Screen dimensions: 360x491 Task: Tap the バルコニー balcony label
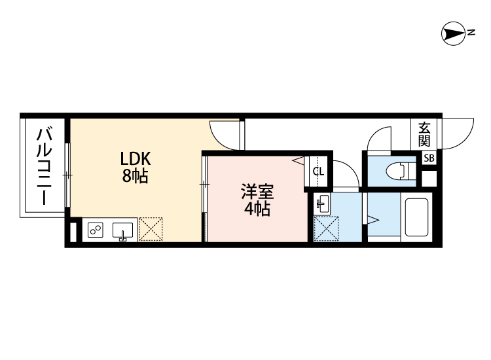tap(44, 166)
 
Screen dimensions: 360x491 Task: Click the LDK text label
tap(136, 159)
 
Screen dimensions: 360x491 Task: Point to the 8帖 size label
tap(135, 175)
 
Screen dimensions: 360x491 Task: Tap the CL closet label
tap(318, 172)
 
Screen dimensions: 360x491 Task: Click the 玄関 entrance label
tap(424, 134)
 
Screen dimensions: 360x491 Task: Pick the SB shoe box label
tap(428, 158)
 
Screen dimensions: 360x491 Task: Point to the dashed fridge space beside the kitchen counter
tap(151, 229)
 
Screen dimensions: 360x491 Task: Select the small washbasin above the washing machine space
tap(322, 204)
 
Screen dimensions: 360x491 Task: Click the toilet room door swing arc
tap(378, 139)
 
